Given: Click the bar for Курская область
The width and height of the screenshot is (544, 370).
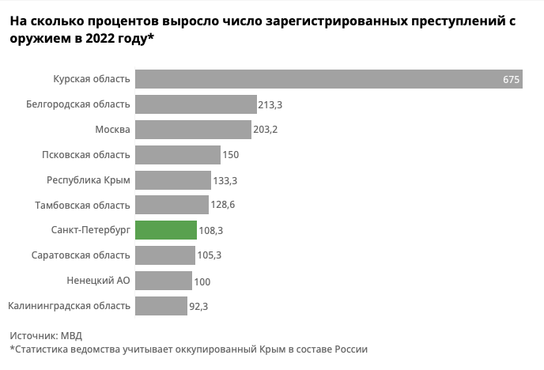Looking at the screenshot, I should click(x=328, y=79).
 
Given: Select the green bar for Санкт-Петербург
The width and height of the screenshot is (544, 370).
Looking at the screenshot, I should click(x=166, y=230).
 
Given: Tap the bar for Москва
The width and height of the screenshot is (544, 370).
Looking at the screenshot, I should click(x=193, y=130).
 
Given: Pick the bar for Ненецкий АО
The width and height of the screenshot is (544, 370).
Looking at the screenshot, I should click(x=164, y=281).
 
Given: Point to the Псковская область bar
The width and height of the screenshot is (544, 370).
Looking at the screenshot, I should click(x=178, y=155).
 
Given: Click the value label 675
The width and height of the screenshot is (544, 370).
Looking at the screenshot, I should click(x=511, y=80).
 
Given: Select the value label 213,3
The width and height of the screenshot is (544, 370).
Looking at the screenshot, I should click(x=271, y=104).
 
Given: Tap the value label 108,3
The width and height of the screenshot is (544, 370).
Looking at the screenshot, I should click(x=211, y=231).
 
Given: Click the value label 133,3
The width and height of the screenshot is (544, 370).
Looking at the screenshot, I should click(x=225, y=180).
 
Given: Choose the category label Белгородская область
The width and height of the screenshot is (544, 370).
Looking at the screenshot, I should click(x=77, y=104).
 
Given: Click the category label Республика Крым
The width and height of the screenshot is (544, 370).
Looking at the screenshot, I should click(x=89, y=180).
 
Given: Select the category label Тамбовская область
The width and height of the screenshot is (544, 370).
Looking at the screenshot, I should click(x=82, y=206).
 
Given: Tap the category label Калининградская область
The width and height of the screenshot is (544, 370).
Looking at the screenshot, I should click(x=69, y=306).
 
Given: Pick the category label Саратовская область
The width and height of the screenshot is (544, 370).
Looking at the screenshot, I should click(x=81, y=255).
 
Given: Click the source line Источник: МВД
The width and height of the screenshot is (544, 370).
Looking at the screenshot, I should click(x=46, y=335).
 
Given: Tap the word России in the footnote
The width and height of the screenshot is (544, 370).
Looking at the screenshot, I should click(x=349, y=349).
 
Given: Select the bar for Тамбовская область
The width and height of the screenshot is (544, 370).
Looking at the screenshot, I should click(x=174, y=206).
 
